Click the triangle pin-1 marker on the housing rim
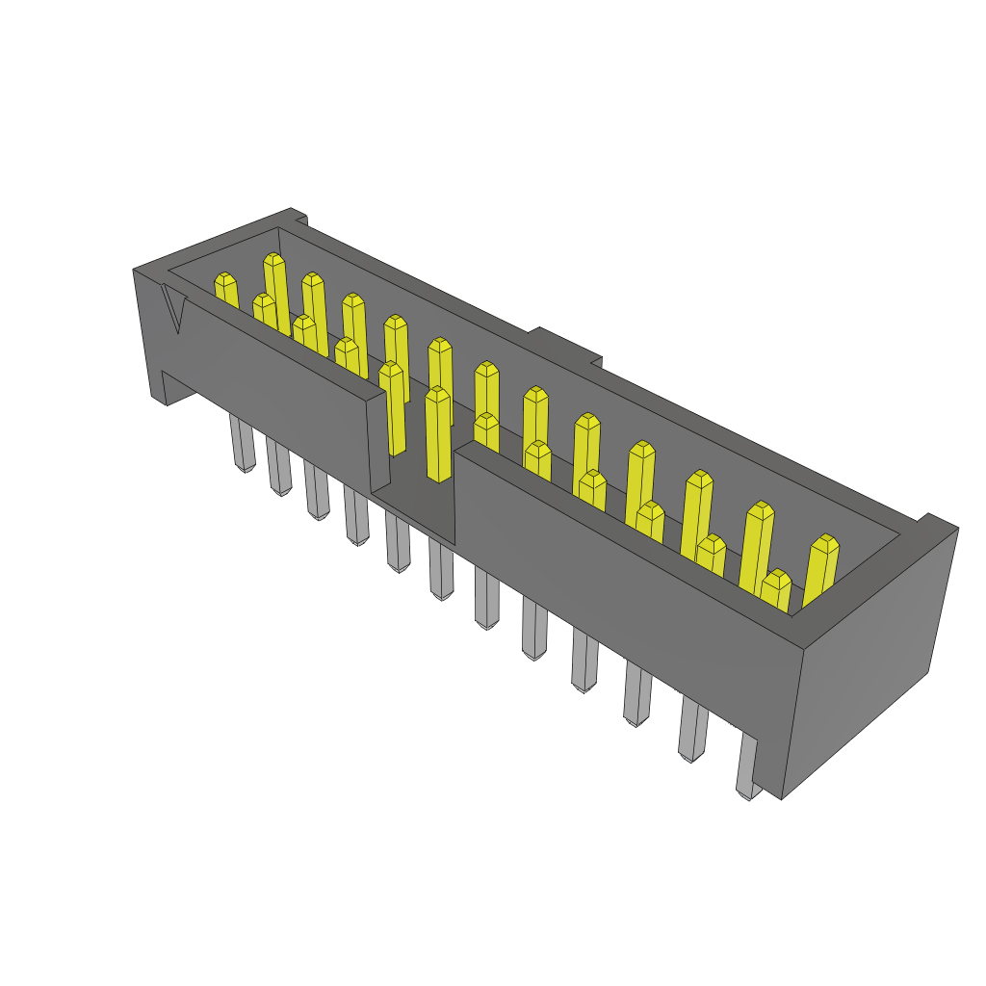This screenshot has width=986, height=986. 173,309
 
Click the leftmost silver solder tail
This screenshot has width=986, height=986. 243,444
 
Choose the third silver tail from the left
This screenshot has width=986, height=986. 317,490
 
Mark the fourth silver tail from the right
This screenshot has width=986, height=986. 584,661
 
